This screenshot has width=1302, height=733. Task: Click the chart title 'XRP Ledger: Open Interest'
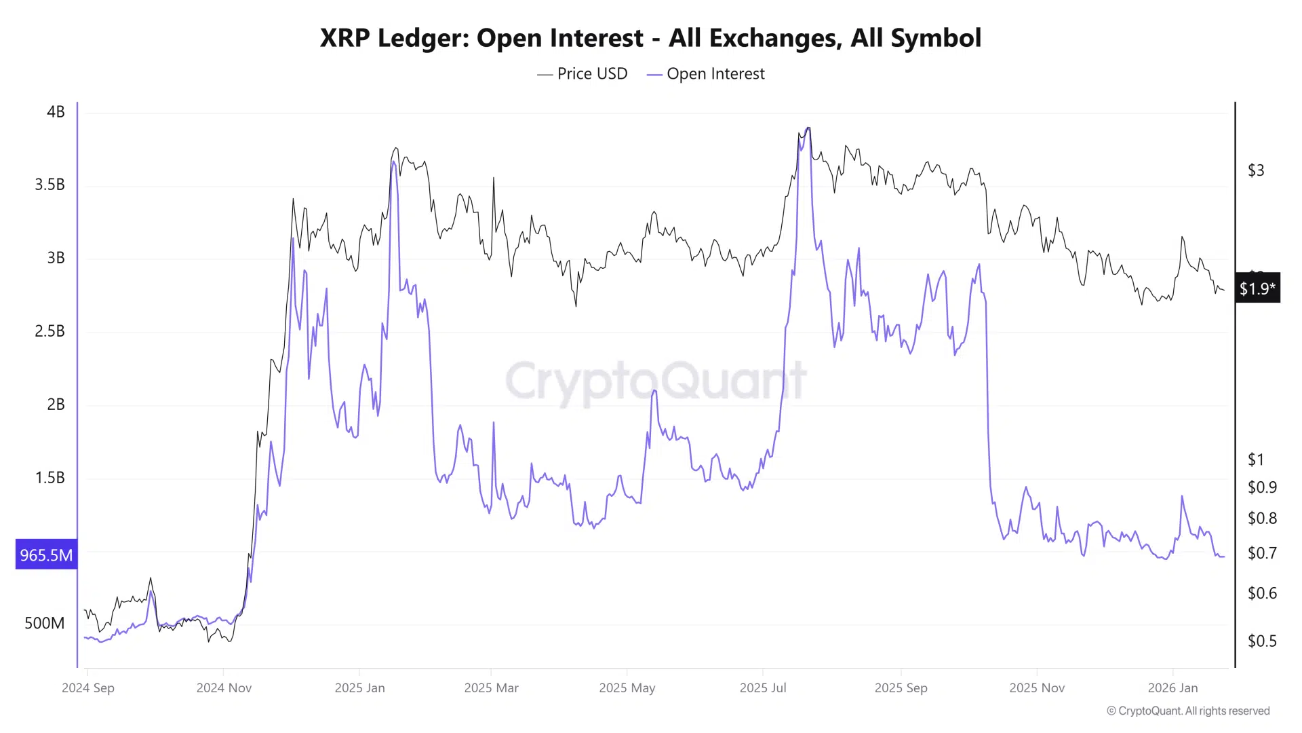[x=650, y=38]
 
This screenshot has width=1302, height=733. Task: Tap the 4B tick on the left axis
[x=56, y=112]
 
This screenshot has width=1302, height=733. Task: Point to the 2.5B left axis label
[x=50, y=331]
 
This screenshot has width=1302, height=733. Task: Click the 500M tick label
[x=45, y=623]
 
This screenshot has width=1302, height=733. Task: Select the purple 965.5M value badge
[x=46, y=555]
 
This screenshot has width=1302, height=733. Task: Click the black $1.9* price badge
[x=1257, y=288]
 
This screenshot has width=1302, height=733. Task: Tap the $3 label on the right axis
[x=1256, y=170]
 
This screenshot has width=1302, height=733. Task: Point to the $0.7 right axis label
[x=1261, y=553]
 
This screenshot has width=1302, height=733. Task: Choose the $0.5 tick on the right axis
[x=1261, y=641]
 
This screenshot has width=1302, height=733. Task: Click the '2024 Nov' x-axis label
[x=224, y=688]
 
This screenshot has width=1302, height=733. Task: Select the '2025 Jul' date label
[x=763, y=688]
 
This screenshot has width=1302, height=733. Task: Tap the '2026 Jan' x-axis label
[x=1172, y=688]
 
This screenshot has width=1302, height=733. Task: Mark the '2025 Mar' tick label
[x=491, y=688]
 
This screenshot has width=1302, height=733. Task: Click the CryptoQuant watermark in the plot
[x=656, y=381]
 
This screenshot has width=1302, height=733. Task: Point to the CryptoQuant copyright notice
[x=1188, y=711]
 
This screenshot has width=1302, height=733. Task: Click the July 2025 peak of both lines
[x=807, y=129]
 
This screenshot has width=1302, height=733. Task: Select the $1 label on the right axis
[x=1256, y=459]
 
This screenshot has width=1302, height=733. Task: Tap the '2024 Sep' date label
[x=88, y=688]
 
